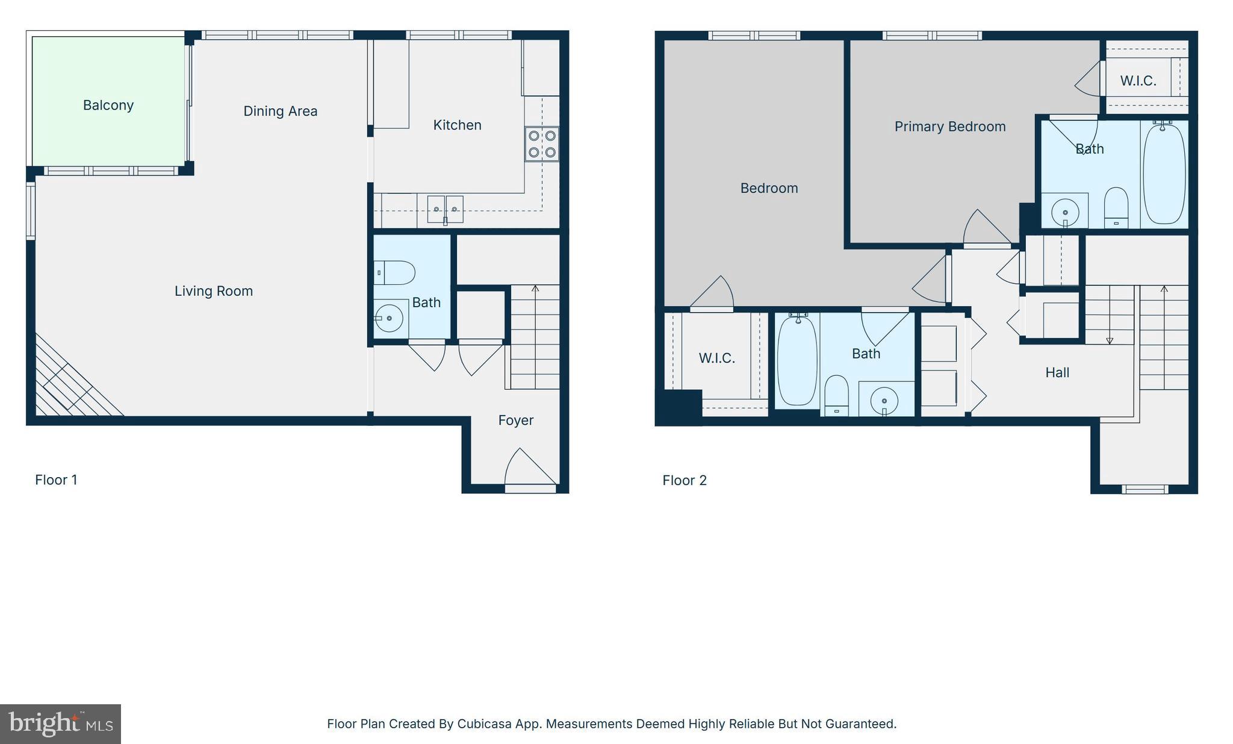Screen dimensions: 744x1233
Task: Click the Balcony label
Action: (108, 105)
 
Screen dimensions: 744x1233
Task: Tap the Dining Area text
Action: (280, 111)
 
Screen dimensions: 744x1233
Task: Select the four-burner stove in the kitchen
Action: (542, 144)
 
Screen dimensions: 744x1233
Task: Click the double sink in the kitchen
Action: (446, 209)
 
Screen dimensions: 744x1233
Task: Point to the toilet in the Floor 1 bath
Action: (396, 273)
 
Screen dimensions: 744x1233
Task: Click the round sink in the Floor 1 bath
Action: (389, 317)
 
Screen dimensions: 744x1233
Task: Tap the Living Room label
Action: (214, 291)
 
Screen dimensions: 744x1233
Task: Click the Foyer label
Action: (515, 420)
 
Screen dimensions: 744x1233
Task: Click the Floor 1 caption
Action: (56, 480)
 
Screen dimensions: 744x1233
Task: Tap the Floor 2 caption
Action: (685, 481)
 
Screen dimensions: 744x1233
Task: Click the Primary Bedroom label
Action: (949, 127)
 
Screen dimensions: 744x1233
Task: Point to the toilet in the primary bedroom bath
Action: (1116, 206)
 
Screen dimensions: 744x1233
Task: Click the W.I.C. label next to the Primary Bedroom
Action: (1138, 81)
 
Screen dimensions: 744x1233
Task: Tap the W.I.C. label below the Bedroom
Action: (716, 358)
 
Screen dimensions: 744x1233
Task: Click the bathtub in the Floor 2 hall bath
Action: (797, 360)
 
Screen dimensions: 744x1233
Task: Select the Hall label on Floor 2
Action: (1057, 373)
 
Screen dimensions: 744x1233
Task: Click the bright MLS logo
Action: (60, 724)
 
